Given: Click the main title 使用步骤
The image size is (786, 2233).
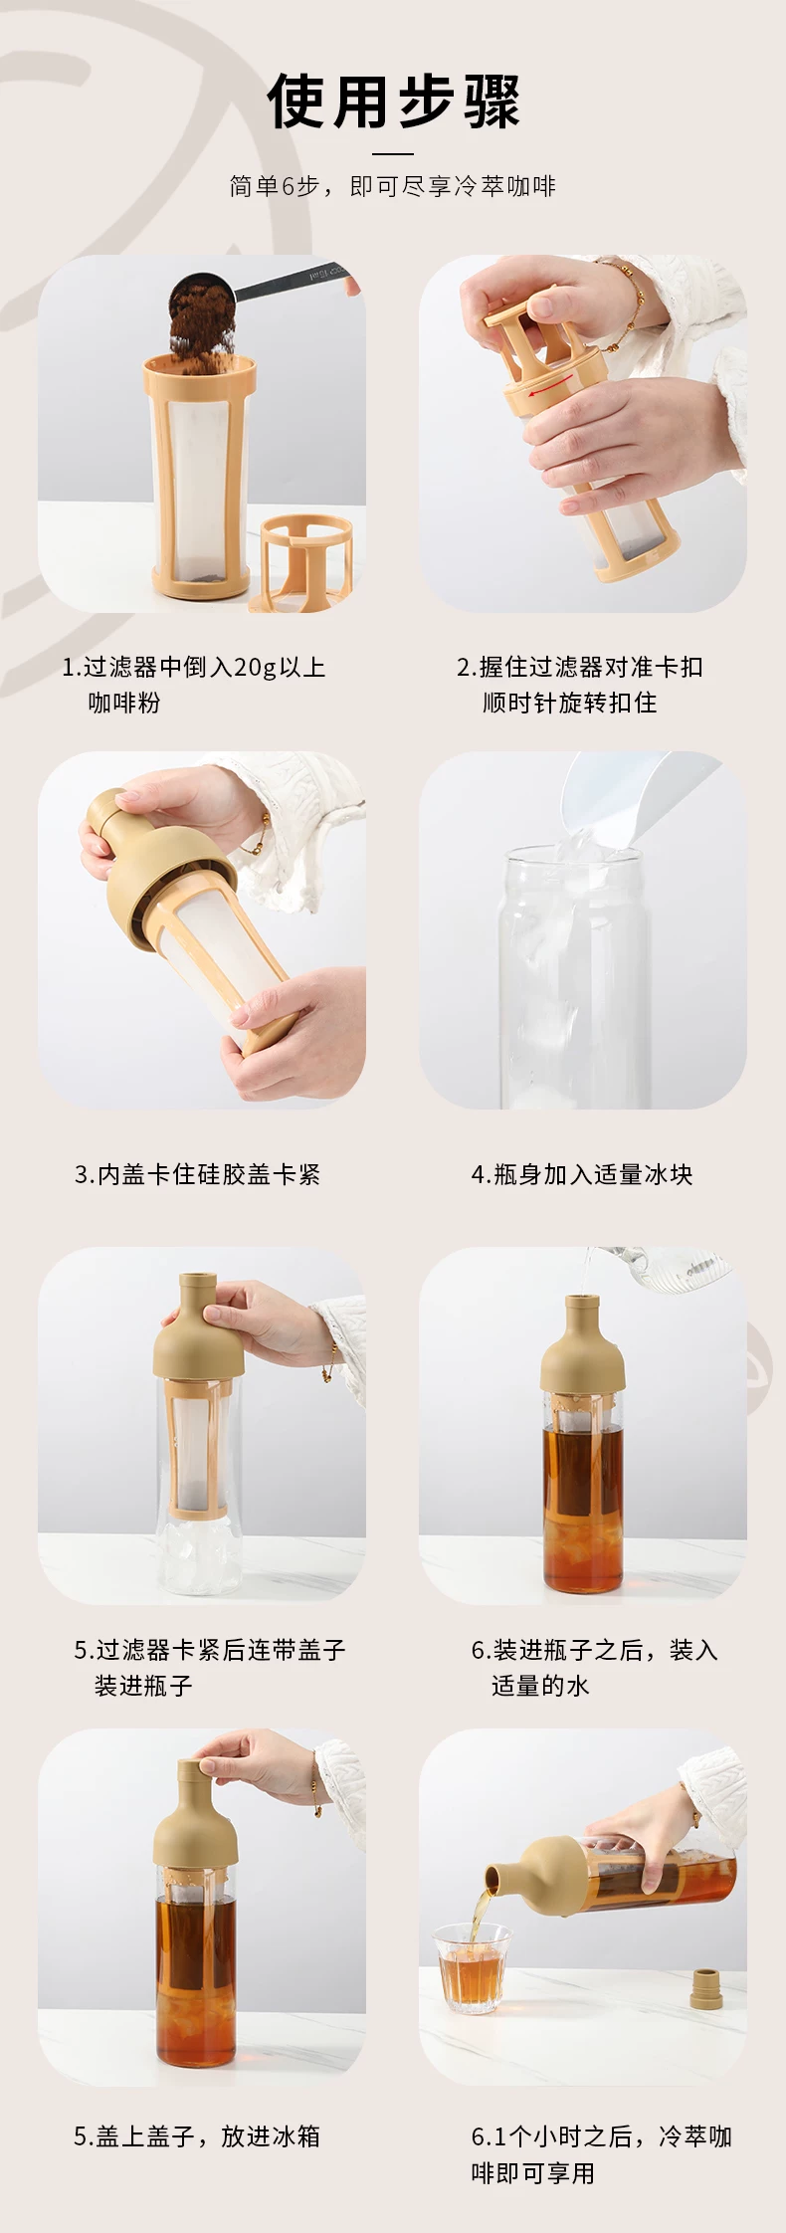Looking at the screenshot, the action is pos(393,101).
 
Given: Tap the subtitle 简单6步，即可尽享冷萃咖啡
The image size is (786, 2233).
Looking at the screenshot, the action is pos(393,186).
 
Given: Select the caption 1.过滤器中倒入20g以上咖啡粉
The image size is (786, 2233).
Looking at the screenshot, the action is pos(194,685).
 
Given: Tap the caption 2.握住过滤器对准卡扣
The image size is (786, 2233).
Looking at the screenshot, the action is pos(580,667).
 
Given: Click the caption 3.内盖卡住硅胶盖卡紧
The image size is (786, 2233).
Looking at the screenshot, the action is pos(197,1174).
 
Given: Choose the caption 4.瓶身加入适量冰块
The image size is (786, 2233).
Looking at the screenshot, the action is pos(582,1174).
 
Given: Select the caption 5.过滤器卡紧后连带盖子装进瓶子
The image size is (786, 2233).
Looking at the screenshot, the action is pos(210,1668).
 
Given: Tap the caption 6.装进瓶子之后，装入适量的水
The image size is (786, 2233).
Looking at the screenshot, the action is pos(594,1668).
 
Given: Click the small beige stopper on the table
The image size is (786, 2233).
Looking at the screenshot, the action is pos(705,1984).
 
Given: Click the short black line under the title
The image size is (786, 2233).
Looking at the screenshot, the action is pos(393,153).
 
